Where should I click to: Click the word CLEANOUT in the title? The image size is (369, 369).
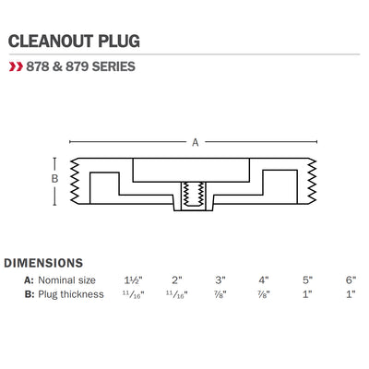(x=51, y=41)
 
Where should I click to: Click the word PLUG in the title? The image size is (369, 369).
(x=119, y=41)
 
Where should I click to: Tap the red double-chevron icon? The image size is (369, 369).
(x=16, y=66)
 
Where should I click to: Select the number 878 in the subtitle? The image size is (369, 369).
(x=38, y=66)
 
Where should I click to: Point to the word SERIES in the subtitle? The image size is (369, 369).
(x=113, y=66)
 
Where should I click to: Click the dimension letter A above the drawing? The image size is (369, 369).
(x=196, y=142)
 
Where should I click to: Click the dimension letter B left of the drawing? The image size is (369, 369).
(x=54, y=178)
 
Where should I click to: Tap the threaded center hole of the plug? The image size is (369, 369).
(x=193, y=195)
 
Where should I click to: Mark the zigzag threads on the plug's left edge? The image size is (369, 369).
(x=75, y=181)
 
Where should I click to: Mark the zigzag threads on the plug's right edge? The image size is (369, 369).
(x=312, y=181)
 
